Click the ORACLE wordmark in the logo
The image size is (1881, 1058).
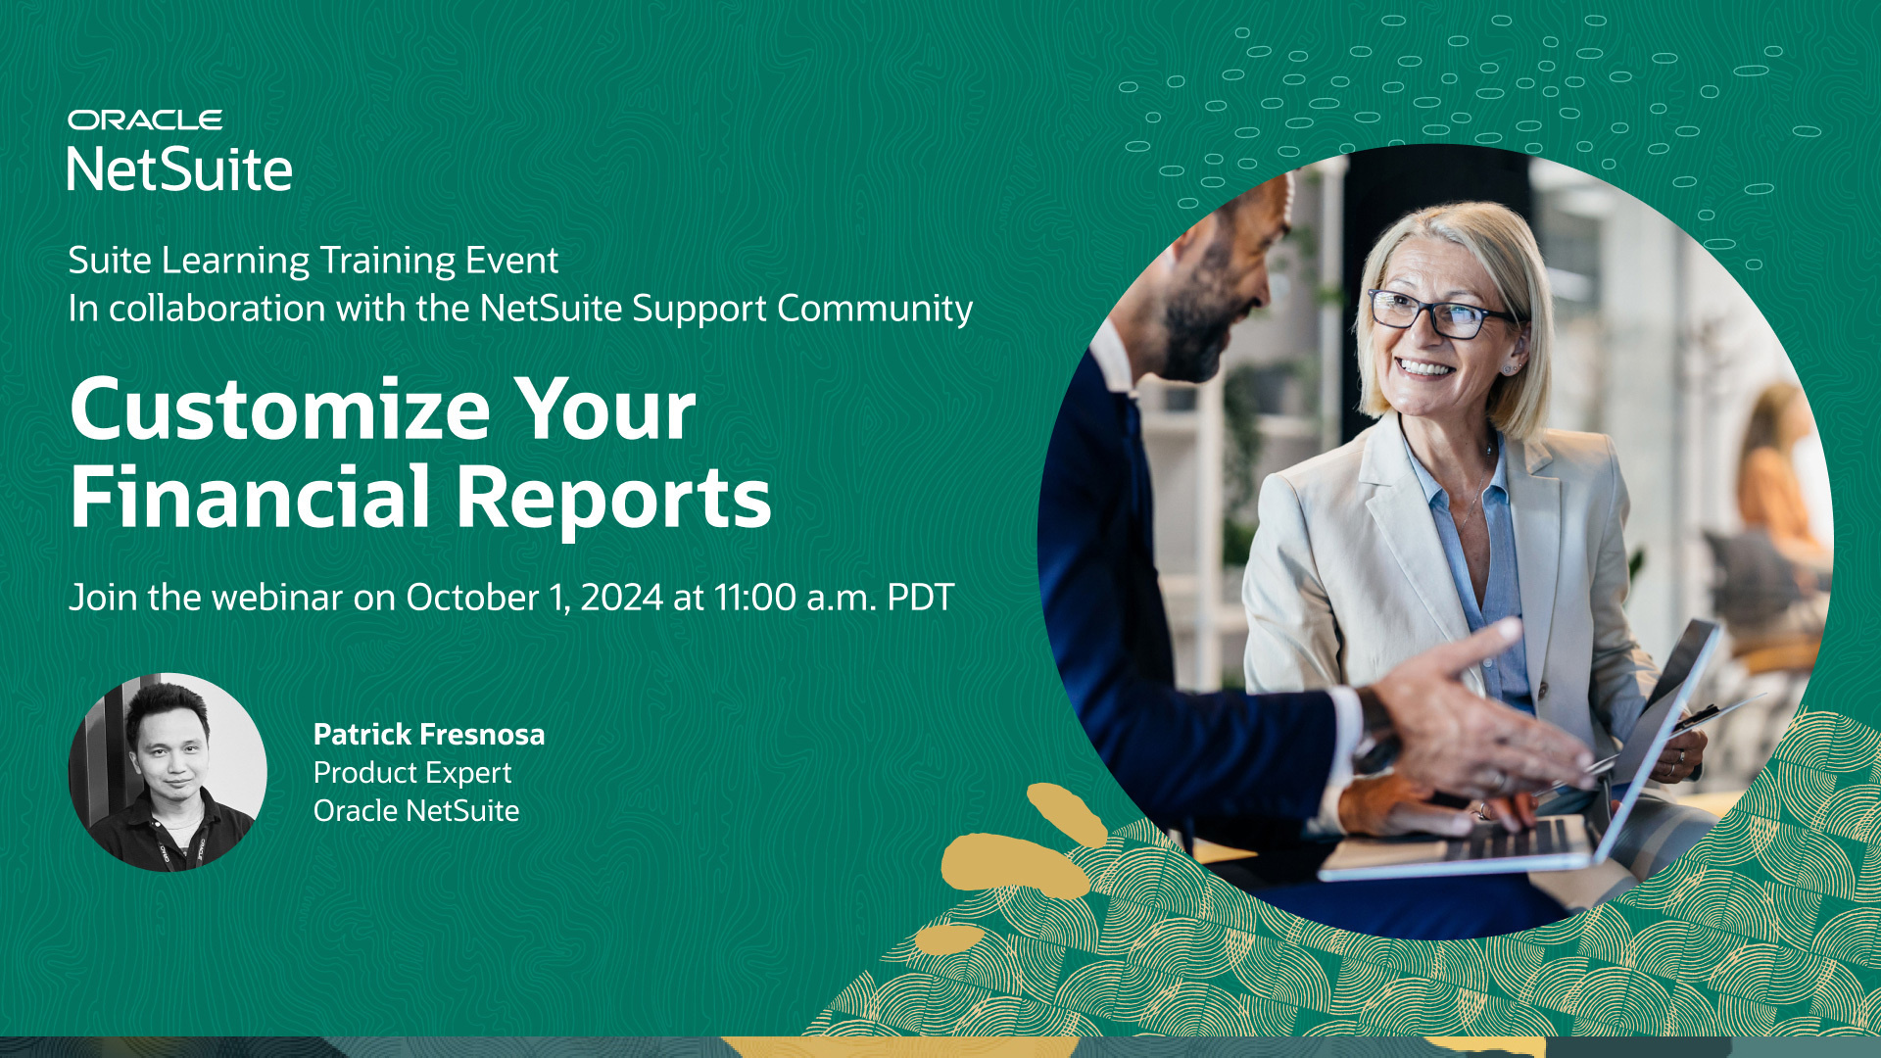[x=145, y=120]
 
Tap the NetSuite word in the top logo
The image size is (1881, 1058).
[x=180, y=169]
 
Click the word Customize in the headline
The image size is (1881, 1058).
[x=280, y=409]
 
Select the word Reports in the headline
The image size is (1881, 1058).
[x=614, y=498]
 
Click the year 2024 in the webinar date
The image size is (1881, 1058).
[x=621, y=598]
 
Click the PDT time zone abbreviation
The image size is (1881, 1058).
[x=920, y=598]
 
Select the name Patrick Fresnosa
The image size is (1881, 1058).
[x=429, y=734]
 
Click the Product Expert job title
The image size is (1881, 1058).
[x=412, y=773]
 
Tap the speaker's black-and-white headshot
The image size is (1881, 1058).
[x=168, y=772]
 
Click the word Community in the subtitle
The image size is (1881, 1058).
[x=875, y=309]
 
